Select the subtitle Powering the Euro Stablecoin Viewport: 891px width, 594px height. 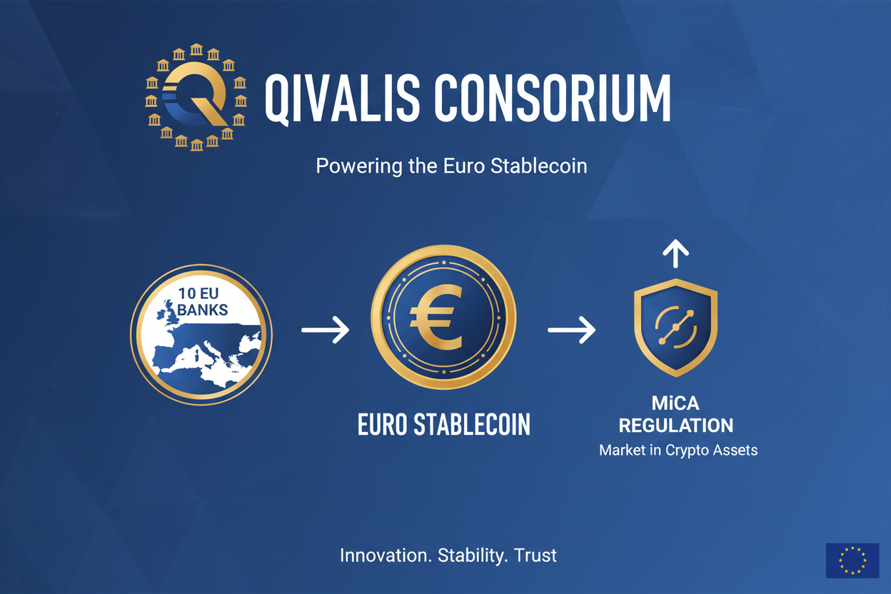pyautogui.click(x=451, y=166)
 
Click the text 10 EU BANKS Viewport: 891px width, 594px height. pyautogui.click(x=203, y=301)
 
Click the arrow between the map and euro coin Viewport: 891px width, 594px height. pyautogui.click(x=325, y=330)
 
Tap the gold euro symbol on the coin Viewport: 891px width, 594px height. pyautogui.click(x=436, y=318)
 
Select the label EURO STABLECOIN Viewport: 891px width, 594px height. pyautogui.click(x=443, y=424)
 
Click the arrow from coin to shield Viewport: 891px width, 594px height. pyautogui.click(x=571, y=330)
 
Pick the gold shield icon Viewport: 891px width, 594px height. pyautogui.click(x=675, y=326)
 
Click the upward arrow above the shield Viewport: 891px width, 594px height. pyautogui.click(x=675, y=253)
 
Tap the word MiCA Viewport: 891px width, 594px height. pyautogui.click(x=675, y=403)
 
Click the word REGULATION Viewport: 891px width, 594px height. pyautogui.click(x=675, y=426)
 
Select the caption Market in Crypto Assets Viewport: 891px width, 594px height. pyautogui.click(x=678, y=450)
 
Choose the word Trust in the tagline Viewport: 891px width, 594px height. pyautogui.click(x=536, y=555)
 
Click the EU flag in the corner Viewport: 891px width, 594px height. pyautogui.click(x=852, y=560)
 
